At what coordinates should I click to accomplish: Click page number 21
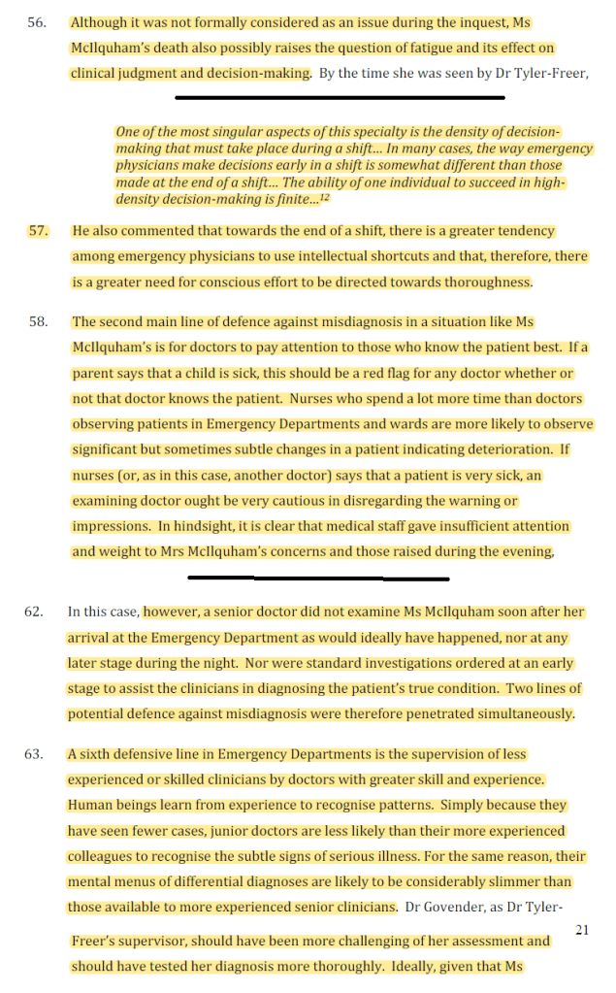click(x=582, y=930)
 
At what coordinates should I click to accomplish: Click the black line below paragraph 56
click(x=340, y=97)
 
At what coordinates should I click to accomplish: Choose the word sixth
click(x=101, y=754)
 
